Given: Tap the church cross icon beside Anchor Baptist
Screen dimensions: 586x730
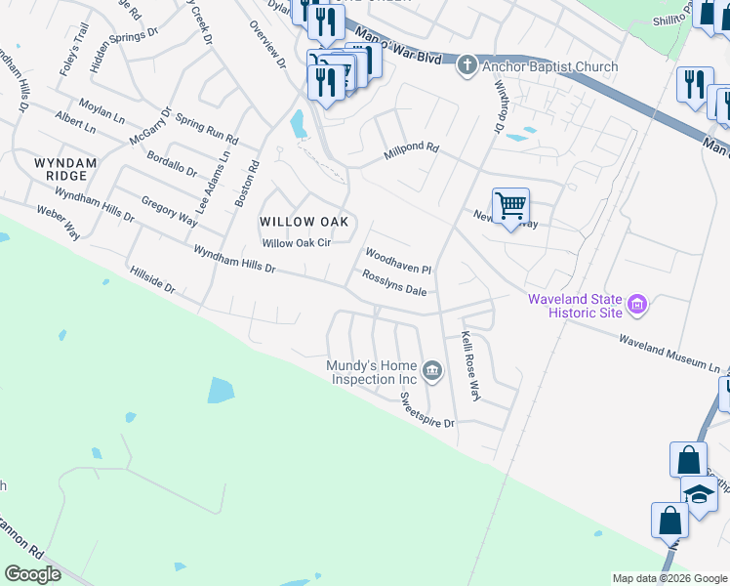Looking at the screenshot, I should click(x=467, y=65).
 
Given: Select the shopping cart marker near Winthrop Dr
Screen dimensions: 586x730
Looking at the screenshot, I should click(x=510, y=206).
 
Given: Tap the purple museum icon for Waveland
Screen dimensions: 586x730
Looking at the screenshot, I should click(x=638, y=306).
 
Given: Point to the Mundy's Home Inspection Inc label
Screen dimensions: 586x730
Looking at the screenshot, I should click(x=372, y=372).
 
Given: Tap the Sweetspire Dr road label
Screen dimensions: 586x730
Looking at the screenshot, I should click(x=427, y=410).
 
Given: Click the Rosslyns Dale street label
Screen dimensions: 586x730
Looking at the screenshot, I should click(x=394, y=283).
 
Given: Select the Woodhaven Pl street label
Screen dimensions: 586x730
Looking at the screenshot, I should click(x=398, y=260).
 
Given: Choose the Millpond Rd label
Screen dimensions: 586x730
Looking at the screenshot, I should click(x=412, y=149).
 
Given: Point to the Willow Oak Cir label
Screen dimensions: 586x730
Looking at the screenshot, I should click(x=298, y=243).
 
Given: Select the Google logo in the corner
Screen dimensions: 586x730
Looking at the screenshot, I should click(x=32, y=574).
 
